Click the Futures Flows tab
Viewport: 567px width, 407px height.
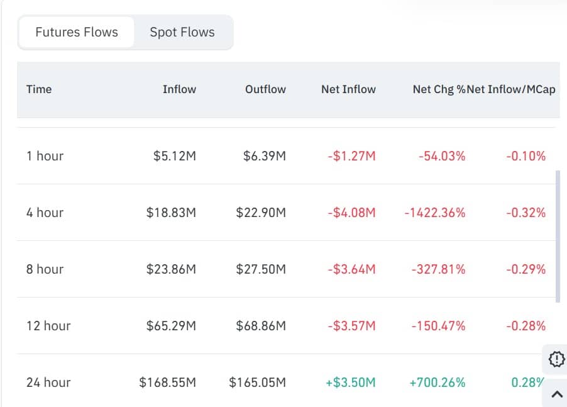77,32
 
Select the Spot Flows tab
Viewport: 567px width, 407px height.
182,32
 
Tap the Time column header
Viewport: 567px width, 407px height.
39,89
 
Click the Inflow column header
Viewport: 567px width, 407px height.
179,89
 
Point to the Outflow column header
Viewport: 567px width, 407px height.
265,89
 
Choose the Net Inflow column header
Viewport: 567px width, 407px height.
348,89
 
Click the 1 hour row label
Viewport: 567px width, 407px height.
45,156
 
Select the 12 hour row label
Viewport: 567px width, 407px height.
48,326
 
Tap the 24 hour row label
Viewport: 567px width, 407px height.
48,382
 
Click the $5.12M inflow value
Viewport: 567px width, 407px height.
175,156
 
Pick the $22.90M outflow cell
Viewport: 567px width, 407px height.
261,213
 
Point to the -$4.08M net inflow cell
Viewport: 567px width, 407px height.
351,213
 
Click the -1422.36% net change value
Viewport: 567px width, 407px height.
435,213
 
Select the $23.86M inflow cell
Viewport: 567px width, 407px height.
171,269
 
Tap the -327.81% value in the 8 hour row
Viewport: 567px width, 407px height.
439,269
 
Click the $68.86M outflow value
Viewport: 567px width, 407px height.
261,326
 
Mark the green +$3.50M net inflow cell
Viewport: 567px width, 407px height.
351,382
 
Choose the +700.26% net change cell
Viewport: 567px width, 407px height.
438,382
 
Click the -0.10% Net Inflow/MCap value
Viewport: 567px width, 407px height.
526,156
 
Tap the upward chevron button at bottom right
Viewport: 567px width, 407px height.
556,394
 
